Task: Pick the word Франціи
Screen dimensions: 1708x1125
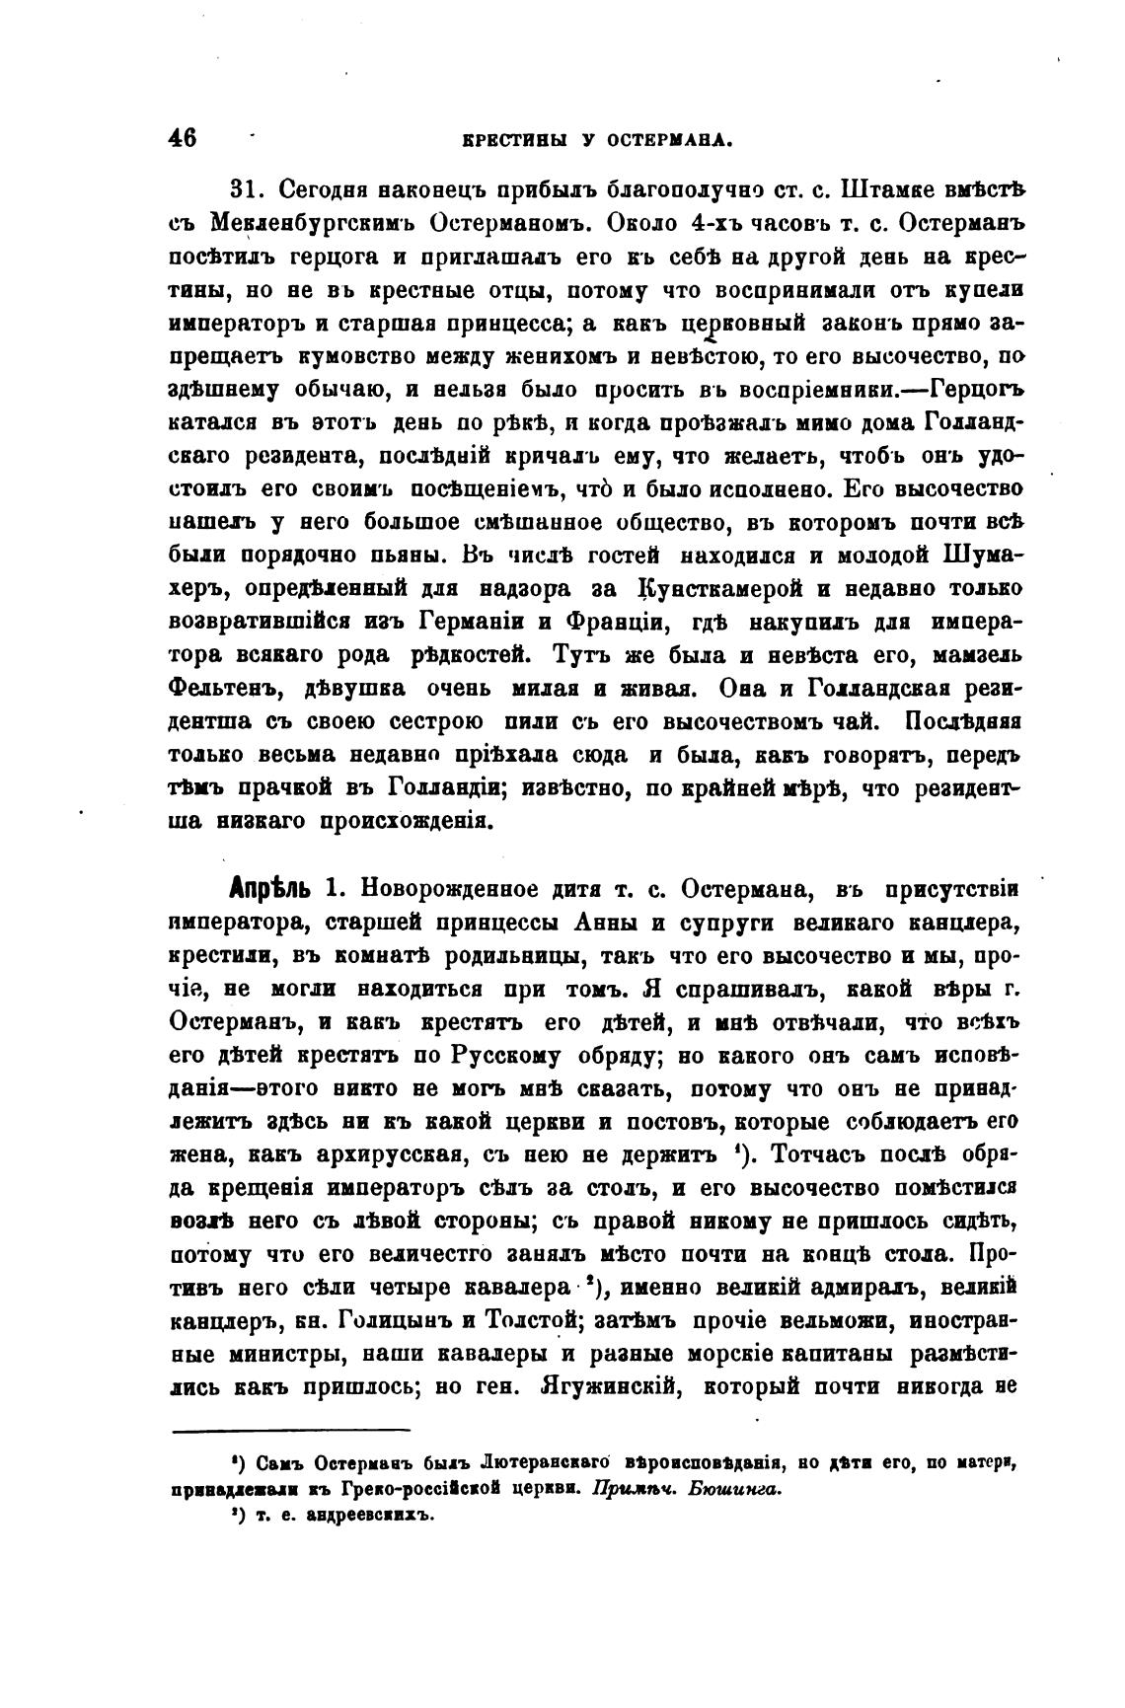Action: click(x=605, y=622)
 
